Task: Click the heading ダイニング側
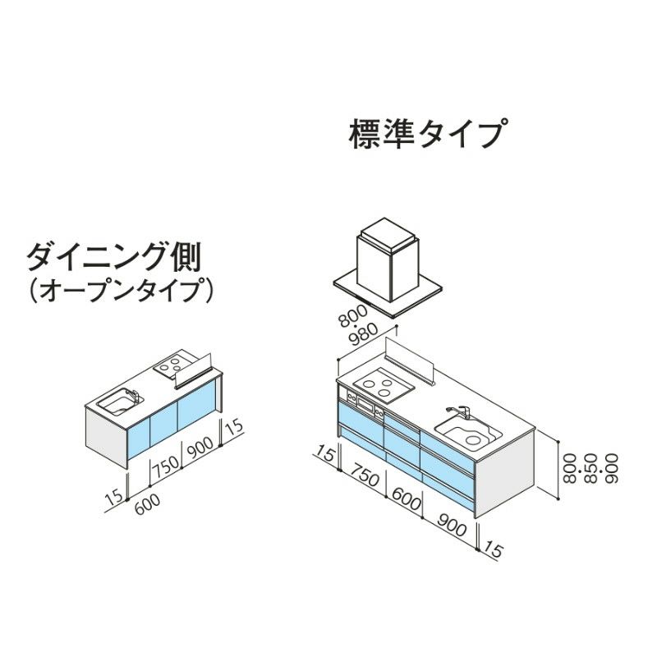pyautogui.click(x=113, y=255)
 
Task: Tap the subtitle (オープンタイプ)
pyautogui.click(x=120, y=290)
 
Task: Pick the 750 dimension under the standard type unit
pyautogui.click(x=364, y=475)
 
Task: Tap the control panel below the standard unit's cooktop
pyautogui.click(x=364, y=403)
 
